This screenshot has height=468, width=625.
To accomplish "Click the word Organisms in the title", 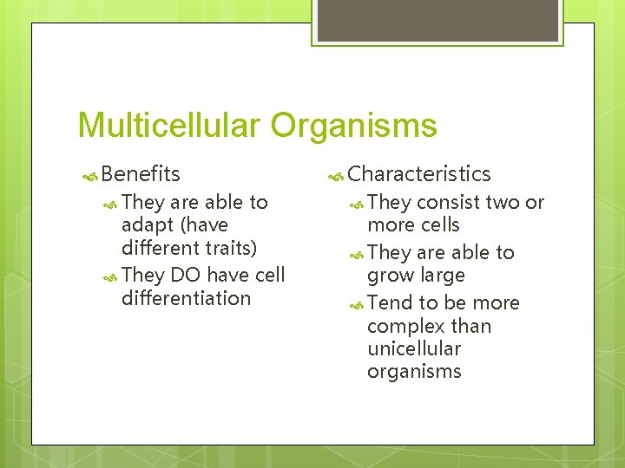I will (353, 126).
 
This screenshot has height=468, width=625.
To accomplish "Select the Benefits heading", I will (141, 173).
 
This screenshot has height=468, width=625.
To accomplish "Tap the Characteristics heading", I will (419, 173).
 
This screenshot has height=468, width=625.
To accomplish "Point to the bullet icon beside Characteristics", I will (336, 175).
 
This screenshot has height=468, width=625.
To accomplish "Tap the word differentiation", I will (186, 298).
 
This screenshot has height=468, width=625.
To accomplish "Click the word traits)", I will (227, 248).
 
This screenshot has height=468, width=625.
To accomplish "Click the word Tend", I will (390, 302).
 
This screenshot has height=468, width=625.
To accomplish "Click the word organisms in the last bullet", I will (414, 372).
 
